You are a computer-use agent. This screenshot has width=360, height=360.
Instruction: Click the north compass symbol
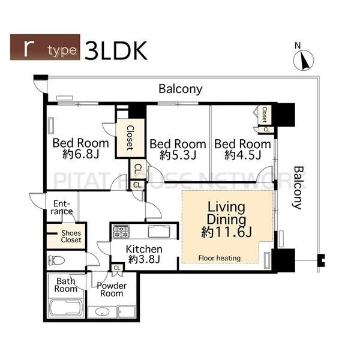(x=303, y=60)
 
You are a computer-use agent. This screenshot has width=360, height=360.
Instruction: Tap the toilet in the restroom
(x=56, y=260)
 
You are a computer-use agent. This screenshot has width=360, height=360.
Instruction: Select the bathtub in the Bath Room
(x=65, y=308)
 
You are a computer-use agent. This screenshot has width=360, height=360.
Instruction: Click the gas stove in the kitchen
(x=121, y=232)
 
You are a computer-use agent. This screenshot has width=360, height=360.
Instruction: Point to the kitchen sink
(x=159, y=232)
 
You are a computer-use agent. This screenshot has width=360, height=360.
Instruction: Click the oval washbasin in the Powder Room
(x=102, y=312)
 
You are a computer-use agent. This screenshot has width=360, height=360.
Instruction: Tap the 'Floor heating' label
(x=219, y=258)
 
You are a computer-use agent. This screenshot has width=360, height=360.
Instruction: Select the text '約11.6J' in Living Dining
(x=227, y=232)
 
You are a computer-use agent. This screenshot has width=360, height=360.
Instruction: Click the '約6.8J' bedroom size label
(x=80, y=154)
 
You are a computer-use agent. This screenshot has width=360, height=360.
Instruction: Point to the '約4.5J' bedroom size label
(x=242, y=155)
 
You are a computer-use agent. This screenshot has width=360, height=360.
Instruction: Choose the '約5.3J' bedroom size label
(x=178, y=155)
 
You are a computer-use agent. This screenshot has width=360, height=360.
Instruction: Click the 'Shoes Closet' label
(x=71, y=236)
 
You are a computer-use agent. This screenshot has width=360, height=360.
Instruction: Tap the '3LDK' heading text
(x=116, y=51)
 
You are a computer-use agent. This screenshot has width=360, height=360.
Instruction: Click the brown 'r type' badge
(x=45, y=47)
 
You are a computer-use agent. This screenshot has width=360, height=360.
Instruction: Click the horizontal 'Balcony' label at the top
(x=181, y=89)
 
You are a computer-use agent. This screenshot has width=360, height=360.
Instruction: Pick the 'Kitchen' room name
(x=144, y=249)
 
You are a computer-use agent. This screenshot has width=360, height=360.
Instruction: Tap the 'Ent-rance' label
(x=62, y=208)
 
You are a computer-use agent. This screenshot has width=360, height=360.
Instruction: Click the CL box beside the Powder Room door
(x=117, y=268)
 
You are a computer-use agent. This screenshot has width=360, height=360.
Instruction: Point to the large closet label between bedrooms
(x=130, y=138)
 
